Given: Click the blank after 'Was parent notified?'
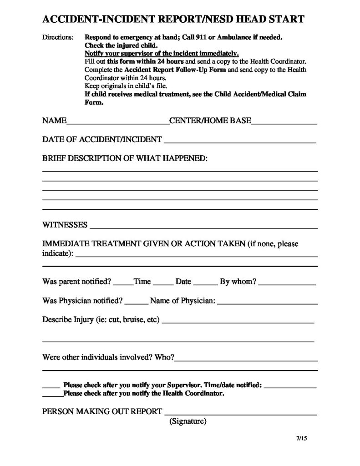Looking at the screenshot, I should pos(123,283).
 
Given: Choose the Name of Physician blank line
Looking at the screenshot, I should pos(267,302).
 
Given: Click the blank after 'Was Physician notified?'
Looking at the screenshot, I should pos(136,302).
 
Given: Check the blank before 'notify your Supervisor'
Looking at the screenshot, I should pos(51,386).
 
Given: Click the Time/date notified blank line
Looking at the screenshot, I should pos(290,386).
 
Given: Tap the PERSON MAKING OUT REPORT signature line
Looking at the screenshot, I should pos(240,413).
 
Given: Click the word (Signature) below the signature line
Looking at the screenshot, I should pos(188,421).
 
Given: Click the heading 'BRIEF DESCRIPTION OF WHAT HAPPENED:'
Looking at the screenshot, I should pos(125,159).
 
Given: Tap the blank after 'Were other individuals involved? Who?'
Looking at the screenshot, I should pos(246,359).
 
